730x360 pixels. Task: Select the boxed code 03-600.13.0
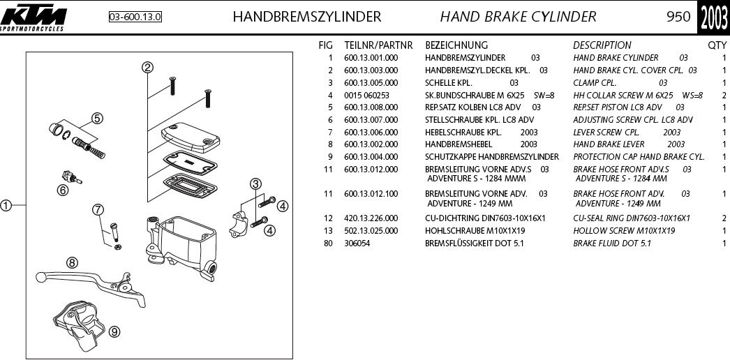[135, 17]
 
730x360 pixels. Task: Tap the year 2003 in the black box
[714, 17]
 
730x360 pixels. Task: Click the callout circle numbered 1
[6, 205]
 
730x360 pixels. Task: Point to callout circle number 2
[147, 68]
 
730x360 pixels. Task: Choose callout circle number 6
[63, 189]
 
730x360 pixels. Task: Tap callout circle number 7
[98, 209]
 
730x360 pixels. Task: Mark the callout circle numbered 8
[72, 263]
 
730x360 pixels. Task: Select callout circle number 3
[256, 183]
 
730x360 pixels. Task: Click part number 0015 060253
[366, 95]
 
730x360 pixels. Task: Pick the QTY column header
[717, 45]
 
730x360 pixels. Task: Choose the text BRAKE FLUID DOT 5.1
[611, 243]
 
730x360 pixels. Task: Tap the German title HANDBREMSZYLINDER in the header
[306, 17]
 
